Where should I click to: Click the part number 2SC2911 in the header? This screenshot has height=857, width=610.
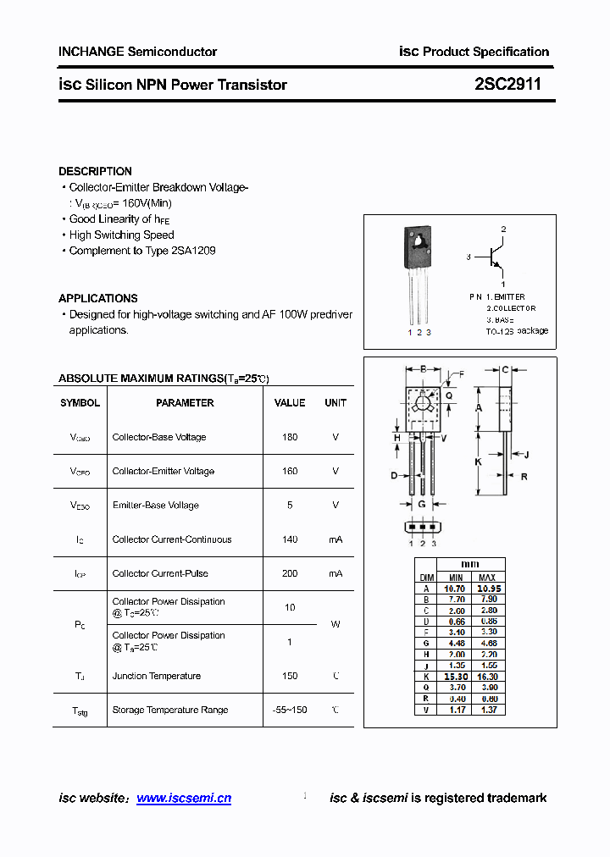click(x=507, y=85)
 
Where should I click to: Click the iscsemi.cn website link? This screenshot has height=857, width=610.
click(x=184, y=798)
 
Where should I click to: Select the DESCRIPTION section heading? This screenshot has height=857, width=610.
click(x=95, y=171)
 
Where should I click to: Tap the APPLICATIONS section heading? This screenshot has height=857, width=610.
click(x=98, y=298)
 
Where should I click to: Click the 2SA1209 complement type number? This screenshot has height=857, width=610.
click(x=193, y=251)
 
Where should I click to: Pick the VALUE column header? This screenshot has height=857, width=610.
click(x=290, y=403)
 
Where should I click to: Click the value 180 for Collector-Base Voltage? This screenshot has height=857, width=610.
click(x=290, y=437)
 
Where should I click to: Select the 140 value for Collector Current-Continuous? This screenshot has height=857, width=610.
click(x=290, y=539)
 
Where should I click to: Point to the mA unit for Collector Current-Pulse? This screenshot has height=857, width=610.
click(x=335, y=573)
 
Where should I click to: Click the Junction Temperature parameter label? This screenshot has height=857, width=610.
click(x=157, y=676)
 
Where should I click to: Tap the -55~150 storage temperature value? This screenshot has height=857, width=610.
click(x=290, y=710)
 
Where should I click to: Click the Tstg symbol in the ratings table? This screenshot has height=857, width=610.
click(x=80, y=710)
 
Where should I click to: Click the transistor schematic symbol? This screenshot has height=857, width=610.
click(x=495, y=256)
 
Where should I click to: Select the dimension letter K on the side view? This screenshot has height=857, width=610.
click(x=478, y=462)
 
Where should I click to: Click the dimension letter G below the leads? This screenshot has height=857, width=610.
click(x=421, y=505)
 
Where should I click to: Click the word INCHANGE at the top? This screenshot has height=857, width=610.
click(x=91, y=52)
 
